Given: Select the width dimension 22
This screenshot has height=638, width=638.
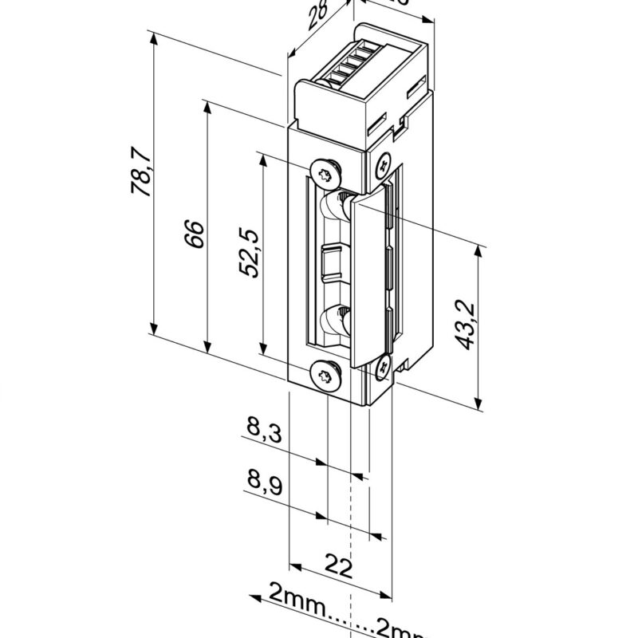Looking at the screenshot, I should pos(340,567).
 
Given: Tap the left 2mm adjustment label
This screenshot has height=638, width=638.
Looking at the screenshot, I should pos(297,595).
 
